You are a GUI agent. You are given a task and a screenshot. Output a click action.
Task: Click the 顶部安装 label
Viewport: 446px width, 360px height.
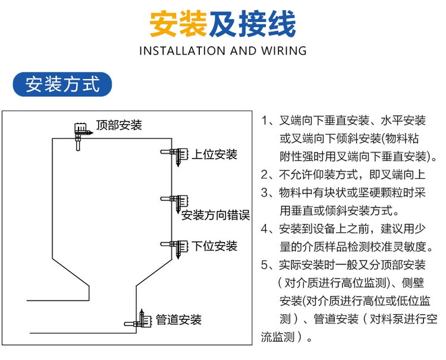click(x=119, y=125)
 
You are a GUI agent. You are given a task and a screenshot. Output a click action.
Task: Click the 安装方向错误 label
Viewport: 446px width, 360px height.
click(x=215, y=215)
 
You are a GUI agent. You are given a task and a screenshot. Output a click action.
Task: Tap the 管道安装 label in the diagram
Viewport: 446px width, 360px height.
click(x=179, y=320)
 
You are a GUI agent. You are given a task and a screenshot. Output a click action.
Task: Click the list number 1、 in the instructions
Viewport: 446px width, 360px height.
click(x=266, y=121)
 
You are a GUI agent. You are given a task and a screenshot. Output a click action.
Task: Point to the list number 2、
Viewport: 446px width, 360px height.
click(x=266, y=175)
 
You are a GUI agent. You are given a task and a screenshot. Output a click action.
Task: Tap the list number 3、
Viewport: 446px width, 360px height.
click(x=266, y=192)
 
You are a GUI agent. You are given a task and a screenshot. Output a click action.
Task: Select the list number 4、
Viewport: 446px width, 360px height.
click(x=266, y=229)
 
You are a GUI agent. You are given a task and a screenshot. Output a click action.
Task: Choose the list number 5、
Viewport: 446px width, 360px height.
click(x=266, y=265)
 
